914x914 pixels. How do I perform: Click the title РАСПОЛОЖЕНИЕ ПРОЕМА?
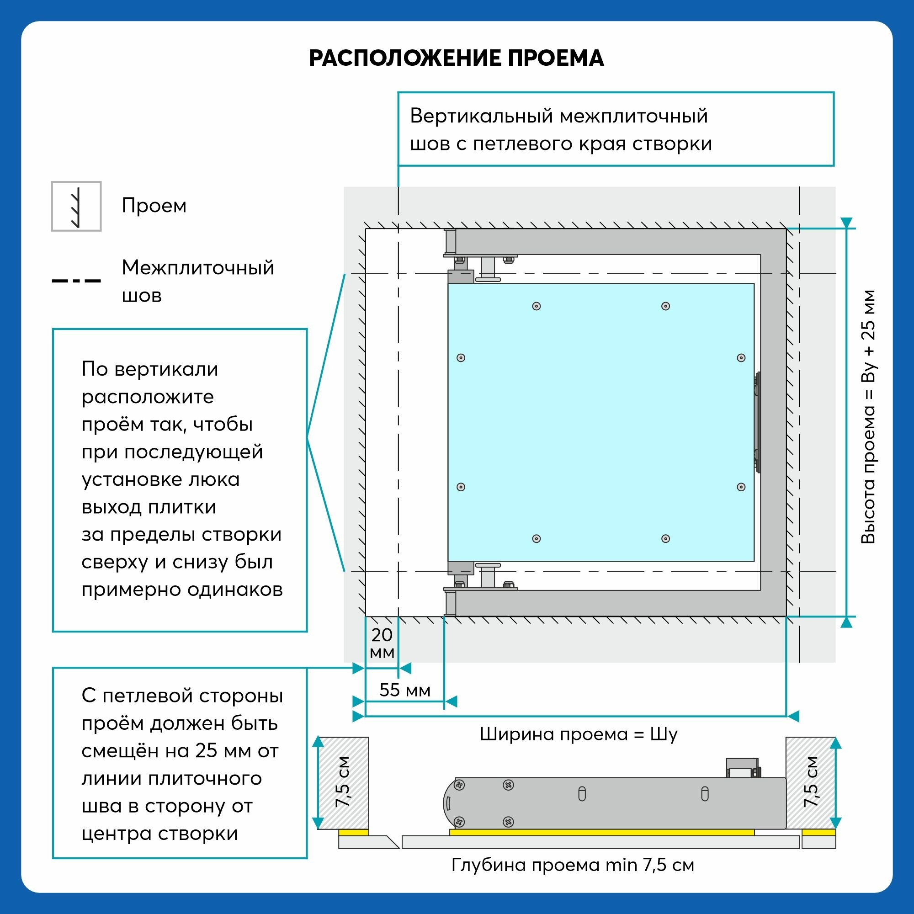coord(457,58)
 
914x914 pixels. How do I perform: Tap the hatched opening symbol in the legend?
coord(76,206)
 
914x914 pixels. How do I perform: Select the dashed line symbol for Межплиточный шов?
coord(76,281)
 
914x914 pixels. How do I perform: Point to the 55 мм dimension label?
coord(405,690)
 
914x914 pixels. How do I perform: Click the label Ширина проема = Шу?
coord(578,735)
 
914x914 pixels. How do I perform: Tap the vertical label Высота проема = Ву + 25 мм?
coord(868,417)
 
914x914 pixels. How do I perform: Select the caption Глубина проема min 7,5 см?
coord(573,865)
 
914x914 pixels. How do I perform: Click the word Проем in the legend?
coord(154,206)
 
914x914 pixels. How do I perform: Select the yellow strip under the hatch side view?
coord(601,832)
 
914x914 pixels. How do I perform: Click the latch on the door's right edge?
coord(757,422)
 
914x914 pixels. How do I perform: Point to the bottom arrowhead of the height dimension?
coord(846,622)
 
